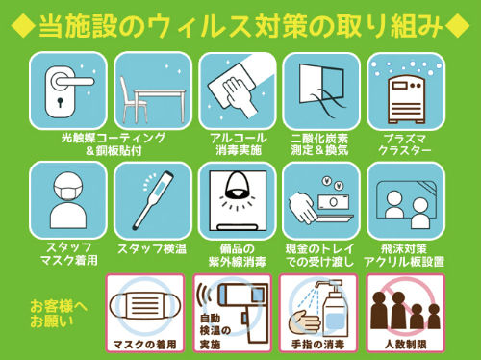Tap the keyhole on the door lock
point(60,103)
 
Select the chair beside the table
point(131,99)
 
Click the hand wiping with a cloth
point(238,93)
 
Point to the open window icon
point(321,86)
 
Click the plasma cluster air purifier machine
point(407,100)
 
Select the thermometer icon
point(154,199)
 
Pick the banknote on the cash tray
point(334,201)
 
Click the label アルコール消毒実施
point(239,144)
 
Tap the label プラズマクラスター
point(405,144)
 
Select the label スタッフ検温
point(152,249)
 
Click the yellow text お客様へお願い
point(58,314)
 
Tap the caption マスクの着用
point(145,345)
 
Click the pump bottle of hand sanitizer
point(334,309)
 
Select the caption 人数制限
point(406,345)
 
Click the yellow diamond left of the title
point(23,26)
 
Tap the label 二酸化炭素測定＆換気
point(319,144)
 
